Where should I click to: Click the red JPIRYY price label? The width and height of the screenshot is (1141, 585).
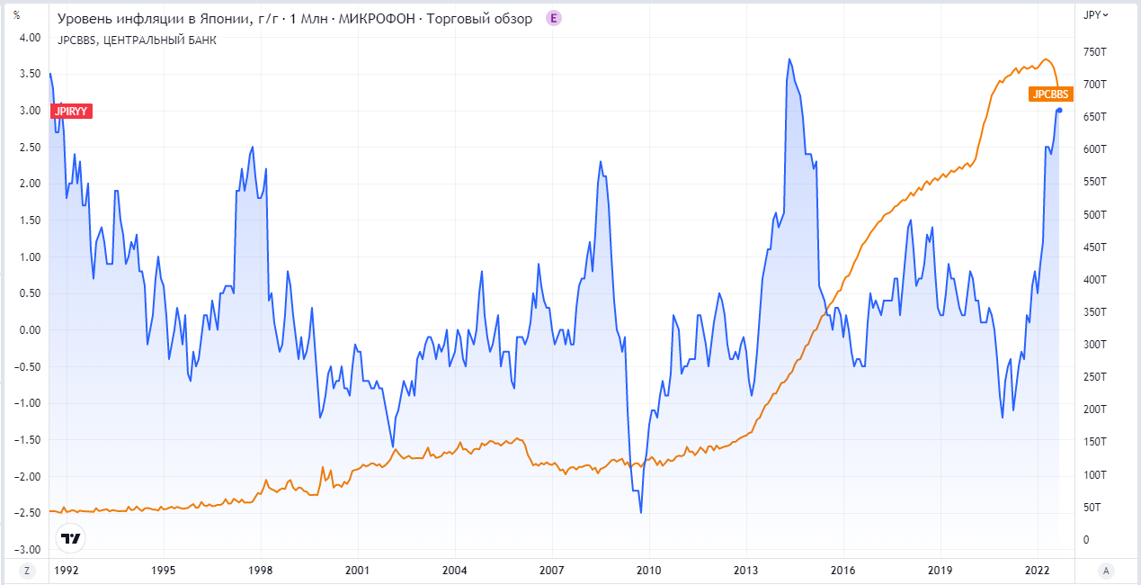click(72, 111)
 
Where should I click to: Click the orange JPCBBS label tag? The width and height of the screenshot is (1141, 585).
click(1050, 94)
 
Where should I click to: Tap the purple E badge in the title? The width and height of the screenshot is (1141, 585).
click(554, 18)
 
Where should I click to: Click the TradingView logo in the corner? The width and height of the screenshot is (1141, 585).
click(70, 538)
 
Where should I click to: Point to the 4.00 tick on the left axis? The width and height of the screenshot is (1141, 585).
click(31, 38)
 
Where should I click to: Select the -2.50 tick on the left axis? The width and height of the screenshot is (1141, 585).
click(30, 513)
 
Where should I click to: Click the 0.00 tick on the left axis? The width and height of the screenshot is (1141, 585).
click(31, 330)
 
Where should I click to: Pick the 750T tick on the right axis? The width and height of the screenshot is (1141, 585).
click(1094, 52)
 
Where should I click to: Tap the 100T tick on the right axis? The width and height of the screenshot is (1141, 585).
click(1094, 475)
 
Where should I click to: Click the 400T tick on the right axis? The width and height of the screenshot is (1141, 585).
click(1094, 280)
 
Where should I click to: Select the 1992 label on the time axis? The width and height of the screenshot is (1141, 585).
click(66, 570)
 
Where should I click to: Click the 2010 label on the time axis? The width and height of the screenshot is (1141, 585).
click(648, 570)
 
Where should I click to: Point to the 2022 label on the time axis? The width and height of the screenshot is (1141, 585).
click(1037, 570)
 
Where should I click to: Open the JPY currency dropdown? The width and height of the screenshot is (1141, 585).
click(1096, 14)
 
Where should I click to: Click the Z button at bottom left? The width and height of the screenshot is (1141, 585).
click(27, 570)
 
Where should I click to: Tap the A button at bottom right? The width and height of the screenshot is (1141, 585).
click(1105, 570)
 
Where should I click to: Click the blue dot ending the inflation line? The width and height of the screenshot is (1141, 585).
click(1059, 110)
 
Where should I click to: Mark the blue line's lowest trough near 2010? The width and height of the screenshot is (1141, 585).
click(641, 512)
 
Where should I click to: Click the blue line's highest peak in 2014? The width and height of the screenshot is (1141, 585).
click(789, 59)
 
